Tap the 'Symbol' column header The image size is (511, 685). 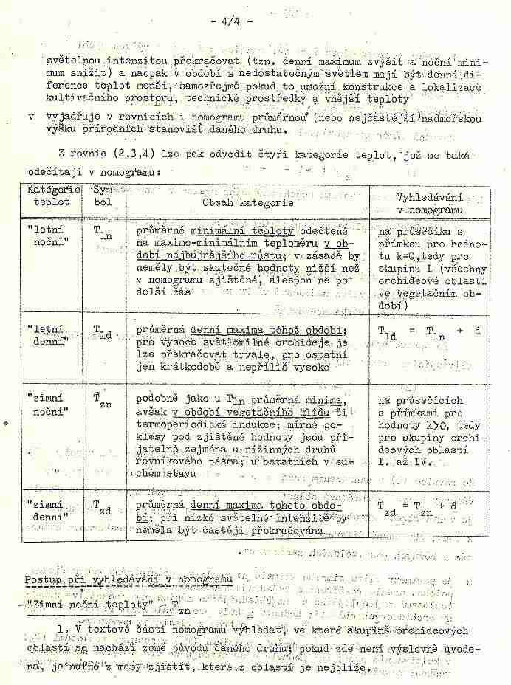tap(103, 195)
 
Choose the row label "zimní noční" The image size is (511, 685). tap(50, 405)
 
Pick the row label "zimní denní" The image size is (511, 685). tap(50, 509)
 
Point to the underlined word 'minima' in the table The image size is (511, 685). tap(331, 399)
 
